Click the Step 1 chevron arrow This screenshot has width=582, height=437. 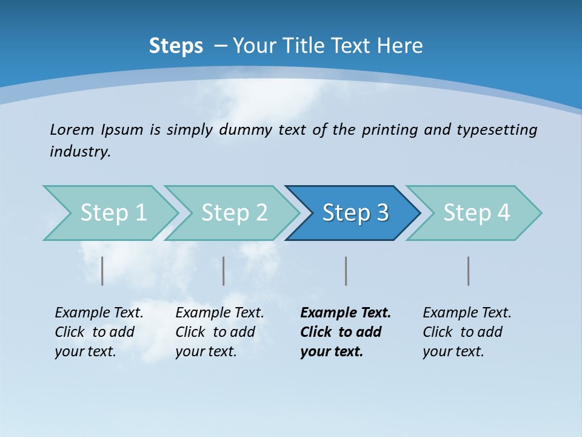(x=112, y=213)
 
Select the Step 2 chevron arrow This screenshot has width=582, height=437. (x=233, y=213)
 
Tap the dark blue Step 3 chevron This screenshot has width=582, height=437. (x=355, y=213)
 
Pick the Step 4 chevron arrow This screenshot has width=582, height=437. (x=476, y=213)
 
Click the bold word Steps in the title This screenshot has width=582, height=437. (x=176, y=46)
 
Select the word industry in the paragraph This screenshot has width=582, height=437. (x=80, y=152)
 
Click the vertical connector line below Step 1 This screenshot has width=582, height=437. (x=102, y=271)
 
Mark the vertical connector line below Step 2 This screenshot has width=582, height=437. (x=224, y=271)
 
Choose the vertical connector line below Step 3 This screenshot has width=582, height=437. (x=346, y=271)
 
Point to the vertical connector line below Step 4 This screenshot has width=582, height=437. (x=469, y=271)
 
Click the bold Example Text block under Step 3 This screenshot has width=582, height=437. (x=345, y=332)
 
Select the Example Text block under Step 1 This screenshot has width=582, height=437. (x=99, y=332)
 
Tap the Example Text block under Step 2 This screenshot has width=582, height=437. (x=219, y=332)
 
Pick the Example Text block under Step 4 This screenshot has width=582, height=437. (x=467, y=332)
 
